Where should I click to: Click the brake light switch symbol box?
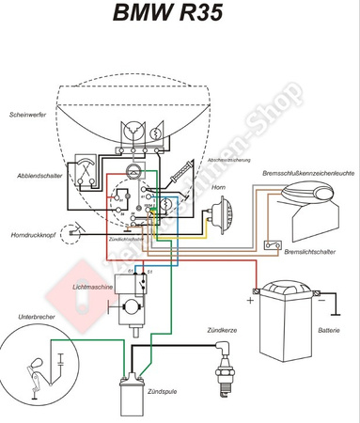[x=273, y=245]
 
